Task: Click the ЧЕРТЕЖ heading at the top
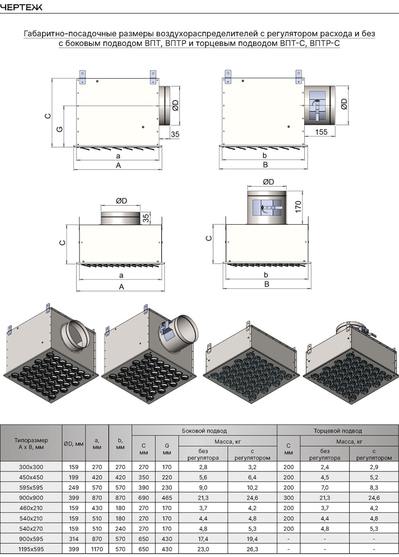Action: (x=21, y=7)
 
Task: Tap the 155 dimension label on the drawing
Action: (x=321, y=132)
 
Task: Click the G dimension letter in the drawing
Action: (x=60, y=129)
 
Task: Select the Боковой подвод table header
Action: (x=204, y=431)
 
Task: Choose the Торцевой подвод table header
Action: (x=338, y=431)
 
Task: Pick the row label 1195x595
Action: (x=31, y=549)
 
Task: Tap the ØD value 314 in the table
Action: (x=74, y=539)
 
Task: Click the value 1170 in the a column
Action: (x=97, y=549)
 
